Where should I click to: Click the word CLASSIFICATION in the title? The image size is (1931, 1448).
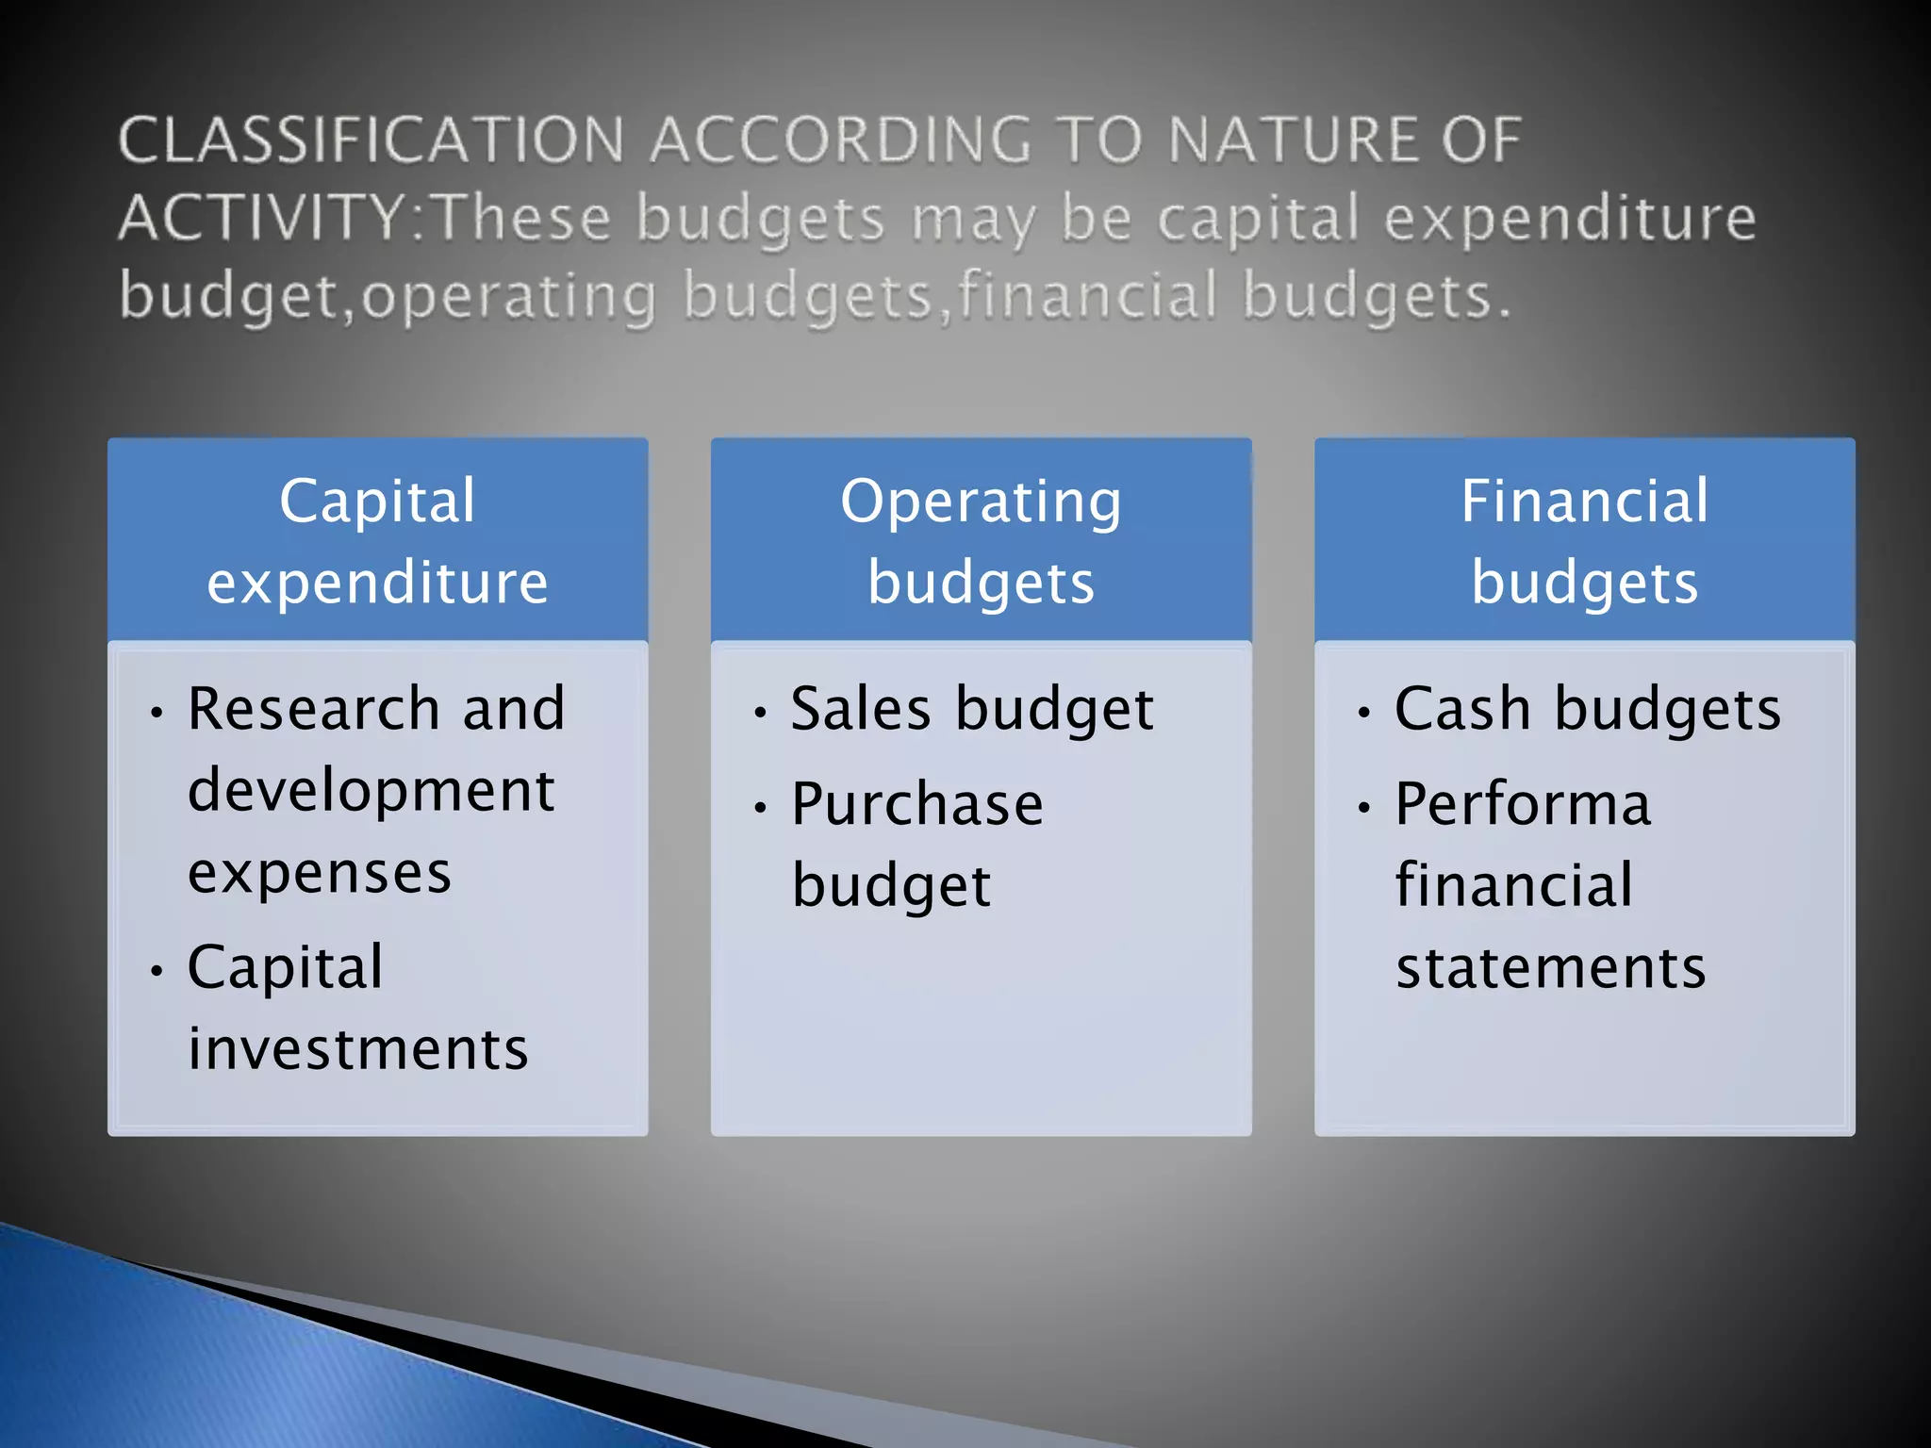371,140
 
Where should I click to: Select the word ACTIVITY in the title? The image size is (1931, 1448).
263,218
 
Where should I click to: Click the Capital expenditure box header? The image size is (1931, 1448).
377,540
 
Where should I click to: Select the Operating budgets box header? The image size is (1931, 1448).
981,540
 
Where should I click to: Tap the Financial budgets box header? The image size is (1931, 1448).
1584,540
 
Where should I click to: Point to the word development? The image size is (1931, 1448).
371,790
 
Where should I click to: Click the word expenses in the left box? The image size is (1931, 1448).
320,872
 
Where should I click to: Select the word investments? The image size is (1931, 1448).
358,1048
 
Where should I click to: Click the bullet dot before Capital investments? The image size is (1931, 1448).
157,970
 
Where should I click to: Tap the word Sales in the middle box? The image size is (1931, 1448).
861,708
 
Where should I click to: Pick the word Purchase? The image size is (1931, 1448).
917,804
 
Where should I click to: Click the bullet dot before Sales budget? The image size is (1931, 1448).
760,713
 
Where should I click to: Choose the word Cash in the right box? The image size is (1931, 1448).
1462,708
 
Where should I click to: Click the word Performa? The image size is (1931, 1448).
1523,804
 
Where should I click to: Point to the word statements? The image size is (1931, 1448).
1551,968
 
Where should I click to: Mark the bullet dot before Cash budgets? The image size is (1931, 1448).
1363,713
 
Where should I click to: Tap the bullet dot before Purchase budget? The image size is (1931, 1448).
760,808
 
